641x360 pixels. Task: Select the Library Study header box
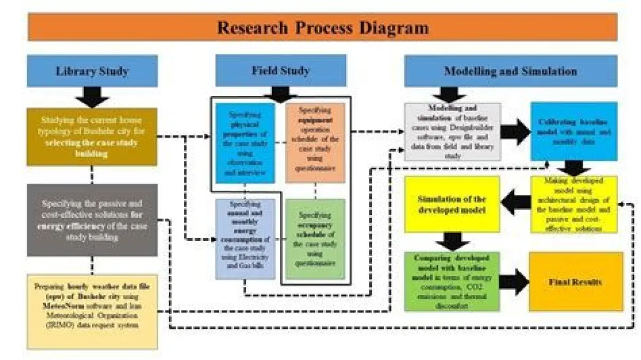(x=92, y=71)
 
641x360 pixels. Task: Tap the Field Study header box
(x=280, y=70)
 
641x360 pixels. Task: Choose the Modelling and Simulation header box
(x=510, y=71)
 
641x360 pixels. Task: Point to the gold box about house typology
(x=92, y=136)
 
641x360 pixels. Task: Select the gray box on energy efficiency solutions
(x=92, y=220)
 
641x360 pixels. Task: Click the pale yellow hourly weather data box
(x=92, y=310)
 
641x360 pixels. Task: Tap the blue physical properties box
(x=245, y=143)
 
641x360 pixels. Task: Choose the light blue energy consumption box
(x=245, y=239)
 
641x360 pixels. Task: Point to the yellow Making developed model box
(x=573, y=204)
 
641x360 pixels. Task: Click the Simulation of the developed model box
(x=452, y=204)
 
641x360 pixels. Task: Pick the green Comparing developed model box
(x=452, y=281)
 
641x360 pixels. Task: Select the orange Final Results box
(x=576, y=281)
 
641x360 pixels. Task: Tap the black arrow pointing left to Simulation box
(x=515, y=205)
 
